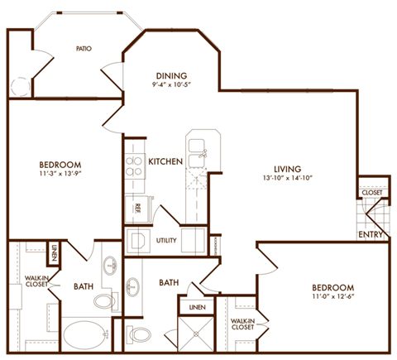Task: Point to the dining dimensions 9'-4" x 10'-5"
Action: [x=171, y=85]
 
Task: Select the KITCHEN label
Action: [x=165, y=161]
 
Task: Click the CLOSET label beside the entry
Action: [x=371, y=193]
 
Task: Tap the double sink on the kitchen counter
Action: [x=197, y=148]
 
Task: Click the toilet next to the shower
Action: [x=141, y=334]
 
